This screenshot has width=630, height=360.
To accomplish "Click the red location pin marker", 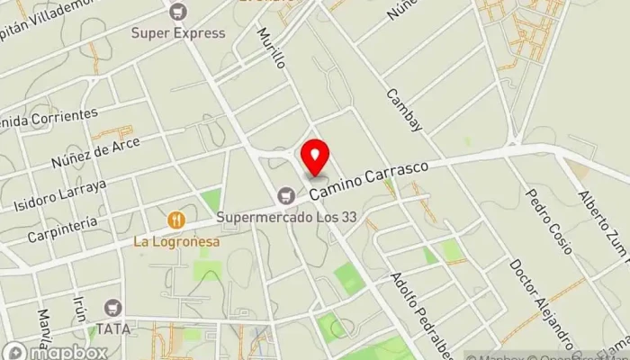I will pyautogui.click(x=315, y=157).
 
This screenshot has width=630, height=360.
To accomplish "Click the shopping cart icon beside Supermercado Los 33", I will pyautogui.click(x=286, y=194).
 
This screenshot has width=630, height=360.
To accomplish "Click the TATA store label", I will pyautogui.click(x=112, y=329).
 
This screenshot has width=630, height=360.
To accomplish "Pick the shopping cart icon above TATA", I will pyautogui.click(x=112, y=308).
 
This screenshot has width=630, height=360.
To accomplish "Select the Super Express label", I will pyautogui.click(x=178, y=33).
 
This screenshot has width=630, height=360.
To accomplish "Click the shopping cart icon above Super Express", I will pyautogui.click(x=178, y=12).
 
